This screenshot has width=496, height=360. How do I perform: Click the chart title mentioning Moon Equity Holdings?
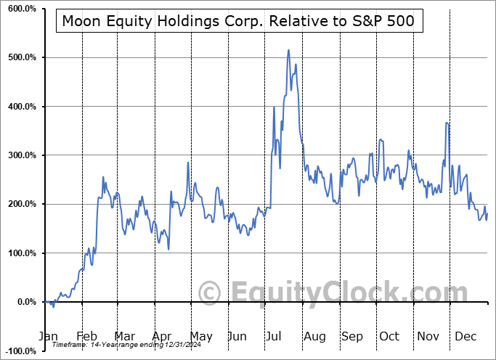point(238,21)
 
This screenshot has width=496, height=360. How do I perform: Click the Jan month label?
point(48,337)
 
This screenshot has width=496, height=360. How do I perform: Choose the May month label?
point(200,337)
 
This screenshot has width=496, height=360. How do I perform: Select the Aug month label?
point(314,337)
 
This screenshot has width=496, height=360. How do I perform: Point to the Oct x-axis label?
point(389,337)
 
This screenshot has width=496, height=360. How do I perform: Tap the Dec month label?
point(465,337)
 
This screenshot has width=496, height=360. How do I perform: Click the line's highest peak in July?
point(288,50)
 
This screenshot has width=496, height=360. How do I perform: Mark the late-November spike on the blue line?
point(447,123)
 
